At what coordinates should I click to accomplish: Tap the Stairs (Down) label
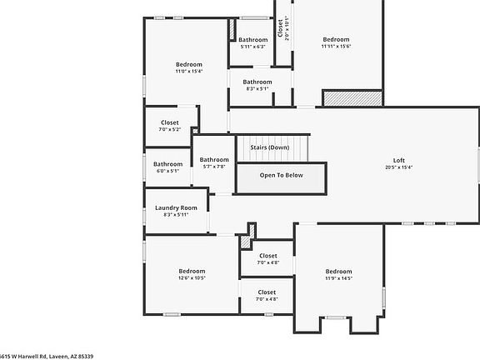coord(269,147)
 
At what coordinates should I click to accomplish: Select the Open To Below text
coord(281,175)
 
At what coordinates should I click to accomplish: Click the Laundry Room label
coord(176,207)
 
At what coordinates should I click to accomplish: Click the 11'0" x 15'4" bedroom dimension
coord(189,72)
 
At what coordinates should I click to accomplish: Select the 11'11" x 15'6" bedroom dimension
coord(337,47)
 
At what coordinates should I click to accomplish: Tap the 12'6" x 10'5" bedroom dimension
coord(192,277)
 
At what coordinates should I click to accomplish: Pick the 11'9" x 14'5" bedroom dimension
coord(338,278)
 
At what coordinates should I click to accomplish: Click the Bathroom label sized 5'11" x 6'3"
coord(252,40)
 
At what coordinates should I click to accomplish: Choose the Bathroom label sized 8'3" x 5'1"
coord(257,82)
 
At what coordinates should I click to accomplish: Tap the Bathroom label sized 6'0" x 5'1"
coord(167,164)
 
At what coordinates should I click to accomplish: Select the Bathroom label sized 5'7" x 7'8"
coord(214,159)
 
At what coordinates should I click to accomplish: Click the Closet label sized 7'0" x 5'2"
coord(170,122)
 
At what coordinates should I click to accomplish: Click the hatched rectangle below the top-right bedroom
coord(352,97)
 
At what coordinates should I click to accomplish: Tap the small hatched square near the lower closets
coord(246,242)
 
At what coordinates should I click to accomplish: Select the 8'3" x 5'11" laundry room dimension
coord(176,214)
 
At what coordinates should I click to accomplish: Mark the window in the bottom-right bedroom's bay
coord(336,317)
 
